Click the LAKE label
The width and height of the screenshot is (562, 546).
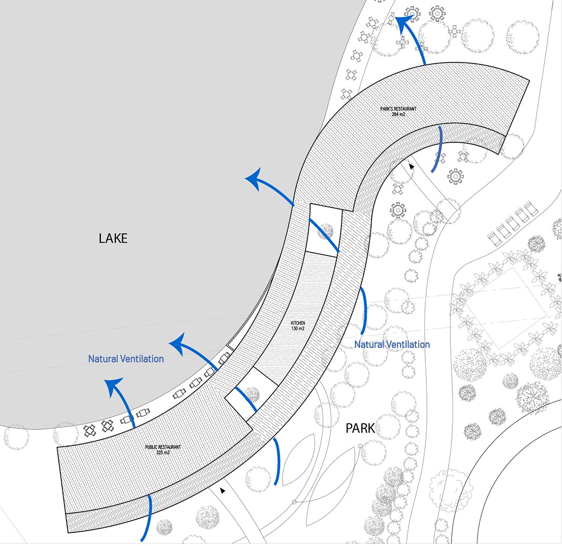coord(113,238)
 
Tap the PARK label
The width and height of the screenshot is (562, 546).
coord(360,428)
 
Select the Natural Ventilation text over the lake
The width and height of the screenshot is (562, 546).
coord(126,359)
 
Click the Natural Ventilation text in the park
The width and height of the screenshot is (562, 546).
coord(392,344)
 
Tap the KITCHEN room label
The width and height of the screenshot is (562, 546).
coord(298,324)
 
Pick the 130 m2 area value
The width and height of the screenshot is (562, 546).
coord(298,330)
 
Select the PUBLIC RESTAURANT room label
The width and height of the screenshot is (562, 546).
coord(163,447)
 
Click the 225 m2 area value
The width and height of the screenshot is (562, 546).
coord(163,453)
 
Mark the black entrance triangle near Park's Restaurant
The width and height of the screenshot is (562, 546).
coord(412,166)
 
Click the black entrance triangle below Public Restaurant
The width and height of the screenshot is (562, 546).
coord(223,490)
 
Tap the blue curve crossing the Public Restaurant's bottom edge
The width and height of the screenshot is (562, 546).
coord(149,517)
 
